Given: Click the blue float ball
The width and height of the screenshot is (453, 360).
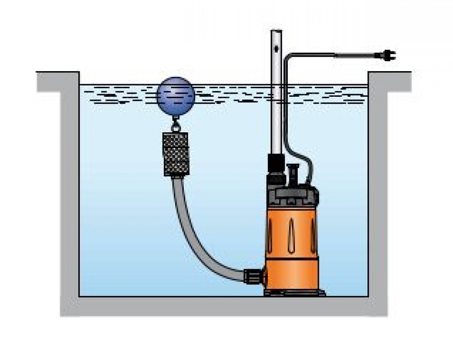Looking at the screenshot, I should tap(176, 96).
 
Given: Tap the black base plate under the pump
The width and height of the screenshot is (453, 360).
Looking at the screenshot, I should tap(295, 293).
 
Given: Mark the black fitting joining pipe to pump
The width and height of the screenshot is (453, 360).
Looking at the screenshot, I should tap(276, 166).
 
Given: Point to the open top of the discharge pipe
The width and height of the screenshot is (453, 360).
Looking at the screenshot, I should tap(276, 31).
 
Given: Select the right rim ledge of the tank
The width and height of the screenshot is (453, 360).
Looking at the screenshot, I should tap(390, 81).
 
